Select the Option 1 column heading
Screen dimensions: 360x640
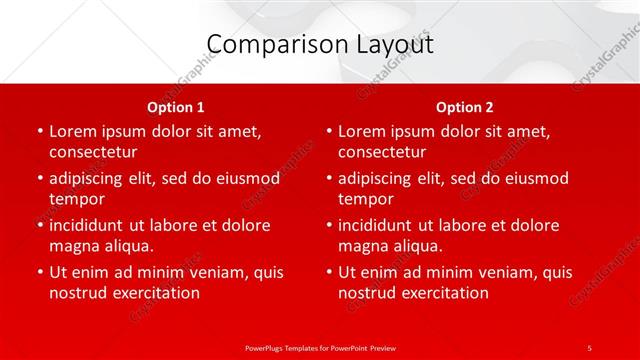176,107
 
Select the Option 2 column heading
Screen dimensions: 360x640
465,107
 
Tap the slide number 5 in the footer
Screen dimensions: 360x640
589,347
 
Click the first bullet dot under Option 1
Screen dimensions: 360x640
40,131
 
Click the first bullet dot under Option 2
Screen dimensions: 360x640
329,131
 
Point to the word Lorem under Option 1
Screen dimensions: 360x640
73,131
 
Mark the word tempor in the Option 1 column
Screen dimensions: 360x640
77,199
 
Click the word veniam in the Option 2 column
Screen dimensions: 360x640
489,272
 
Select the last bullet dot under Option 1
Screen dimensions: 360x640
40,272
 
